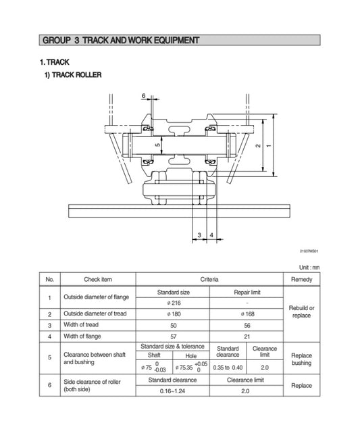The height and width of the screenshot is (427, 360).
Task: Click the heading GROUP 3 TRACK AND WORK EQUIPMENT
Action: point(121,41)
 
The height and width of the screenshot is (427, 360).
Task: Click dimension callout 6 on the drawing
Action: point(144,97)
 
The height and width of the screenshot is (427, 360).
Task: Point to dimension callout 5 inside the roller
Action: point(157,145)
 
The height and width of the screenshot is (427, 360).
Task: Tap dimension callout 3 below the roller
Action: point(199,235)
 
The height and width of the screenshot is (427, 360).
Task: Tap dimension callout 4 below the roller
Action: point(211,235)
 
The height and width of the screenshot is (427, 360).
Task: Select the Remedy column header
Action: point(301,279)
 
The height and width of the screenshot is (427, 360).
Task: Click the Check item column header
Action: point(98,279)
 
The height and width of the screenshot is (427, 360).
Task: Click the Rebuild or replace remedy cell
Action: point(301,311)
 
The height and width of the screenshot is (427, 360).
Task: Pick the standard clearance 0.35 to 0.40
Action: point(228,368)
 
